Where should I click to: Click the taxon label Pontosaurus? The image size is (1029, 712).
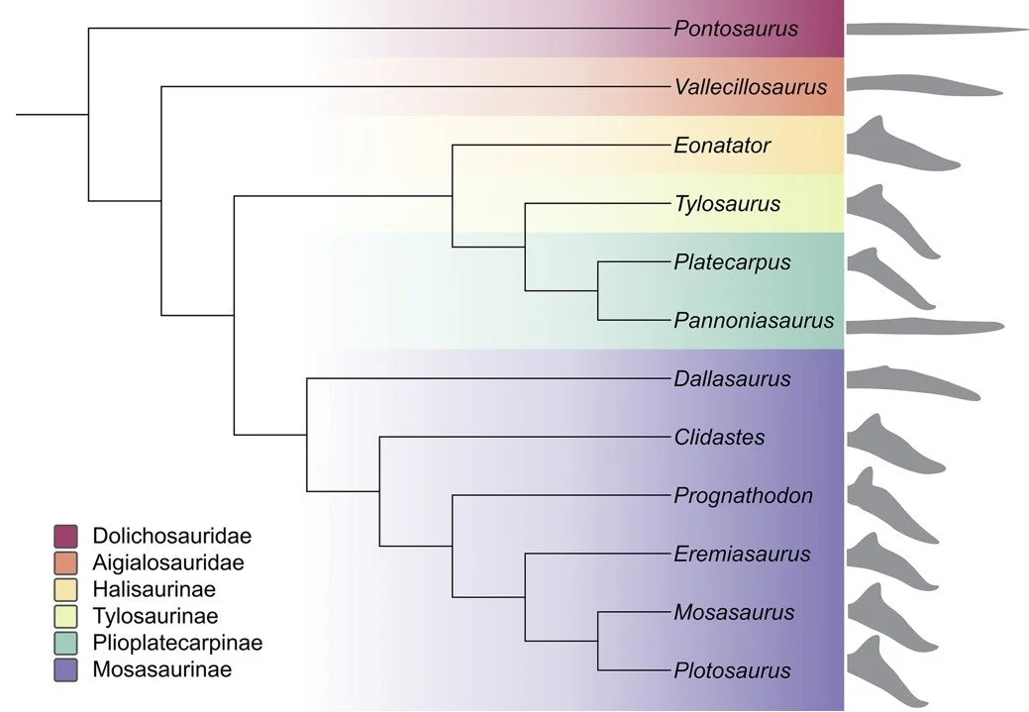(x=736, y=29)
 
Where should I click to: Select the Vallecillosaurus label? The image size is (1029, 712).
(x=750, y=87)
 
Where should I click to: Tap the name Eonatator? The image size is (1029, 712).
(x=722, y=146)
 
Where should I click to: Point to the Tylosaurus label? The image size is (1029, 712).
(x=727, y=204)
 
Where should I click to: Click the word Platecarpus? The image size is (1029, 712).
(x=732, y=262)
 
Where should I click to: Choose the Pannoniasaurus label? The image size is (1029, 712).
(x=754, y=321)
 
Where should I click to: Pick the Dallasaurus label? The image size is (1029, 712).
(x=732, y=378)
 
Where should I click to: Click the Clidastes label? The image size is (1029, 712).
(x=719, y=437)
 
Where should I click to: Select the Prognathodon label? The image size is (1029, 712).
(x=743, y=495)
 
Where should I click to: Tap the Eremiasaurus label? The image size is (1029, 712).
(x=741, y=554)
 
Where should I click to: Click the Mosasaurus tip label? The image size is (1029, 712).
(x=734, y=612)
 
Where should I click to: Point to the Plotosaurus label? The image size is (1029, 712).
(x=732, y=670)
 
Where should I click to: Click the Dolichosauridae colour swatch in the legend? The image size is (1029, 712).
(x=66, y=536)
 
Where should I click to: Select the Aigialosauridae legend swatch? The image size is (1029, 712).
(x=66, y=562)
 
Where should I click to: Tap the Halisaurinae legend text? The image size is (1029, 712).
(x=154, y=589)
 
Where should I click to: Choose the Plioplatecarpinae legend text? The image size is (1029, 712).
(x=177, y=643)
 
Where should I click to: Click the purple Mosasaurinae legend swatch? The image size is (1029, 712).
(x=66, y=669)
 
